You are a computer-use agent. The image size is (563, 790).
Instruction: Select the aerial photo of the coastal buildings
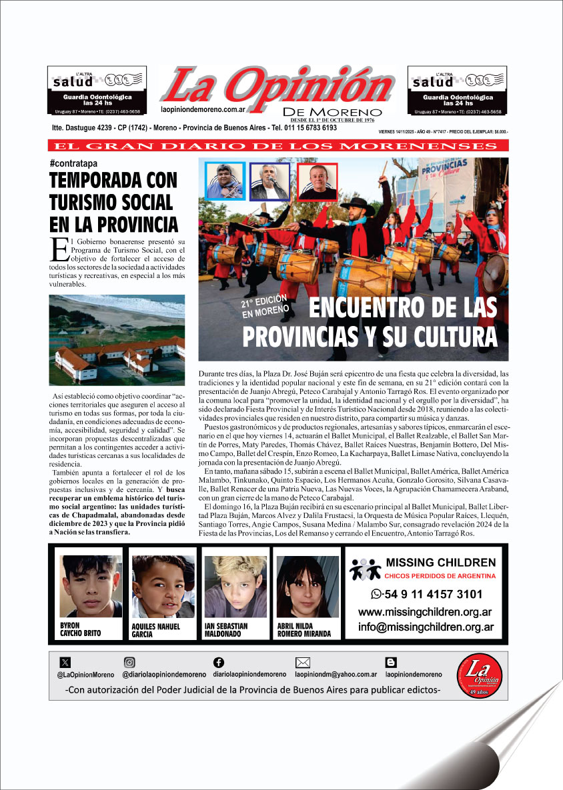point(117,340)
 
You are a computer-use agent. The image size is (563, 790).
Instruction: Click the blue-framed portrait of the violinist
point(225,181)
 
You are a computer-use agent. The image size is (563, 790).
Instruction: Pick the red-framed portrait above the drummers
point(318,181)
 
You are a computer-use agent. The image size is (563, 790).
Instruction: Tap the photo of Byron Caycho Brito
point(91,585)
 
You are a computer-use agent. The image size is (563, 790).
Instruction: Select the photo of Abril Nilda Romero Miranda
point(307,586)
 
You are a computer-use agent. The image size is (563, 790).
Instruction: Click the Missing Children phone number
point(426,594)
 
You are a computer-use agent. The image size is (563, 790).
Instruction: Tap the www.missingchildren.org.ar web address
point(426,612)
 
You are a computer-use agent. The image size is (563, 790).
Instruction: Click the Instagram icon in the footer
point(129,663)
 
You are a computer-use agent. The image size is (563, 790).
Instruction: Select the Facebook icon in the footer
point(218,662)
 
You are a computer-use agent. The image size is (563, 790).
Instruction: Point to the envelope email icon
point(303,663)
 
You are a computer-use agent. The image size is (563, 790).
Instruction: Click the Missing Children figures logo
point(366,569)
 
